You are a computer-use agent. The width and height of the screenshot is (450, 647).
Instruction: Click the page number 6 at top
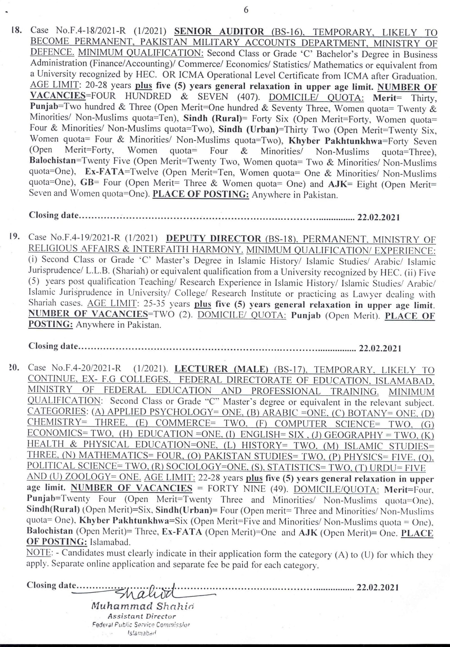[x=246, y=10]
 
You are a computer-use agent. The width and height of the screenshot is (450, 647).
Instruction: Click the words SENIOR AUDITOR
[x=219, y=31]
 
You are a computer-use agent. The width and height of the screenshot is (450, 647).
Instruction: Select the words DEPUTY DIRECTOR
[x=213, y=238]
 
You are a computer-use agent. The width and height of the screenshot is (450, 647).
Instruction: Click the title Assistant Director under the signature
[x=142, y=616]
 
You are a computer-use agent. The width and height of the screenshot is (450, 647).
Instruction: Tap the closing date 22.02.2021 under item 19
[x=379, y=348]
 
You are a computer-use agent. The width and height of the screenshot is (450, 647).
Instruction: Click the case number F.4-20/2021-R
[x=86, y=368]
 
